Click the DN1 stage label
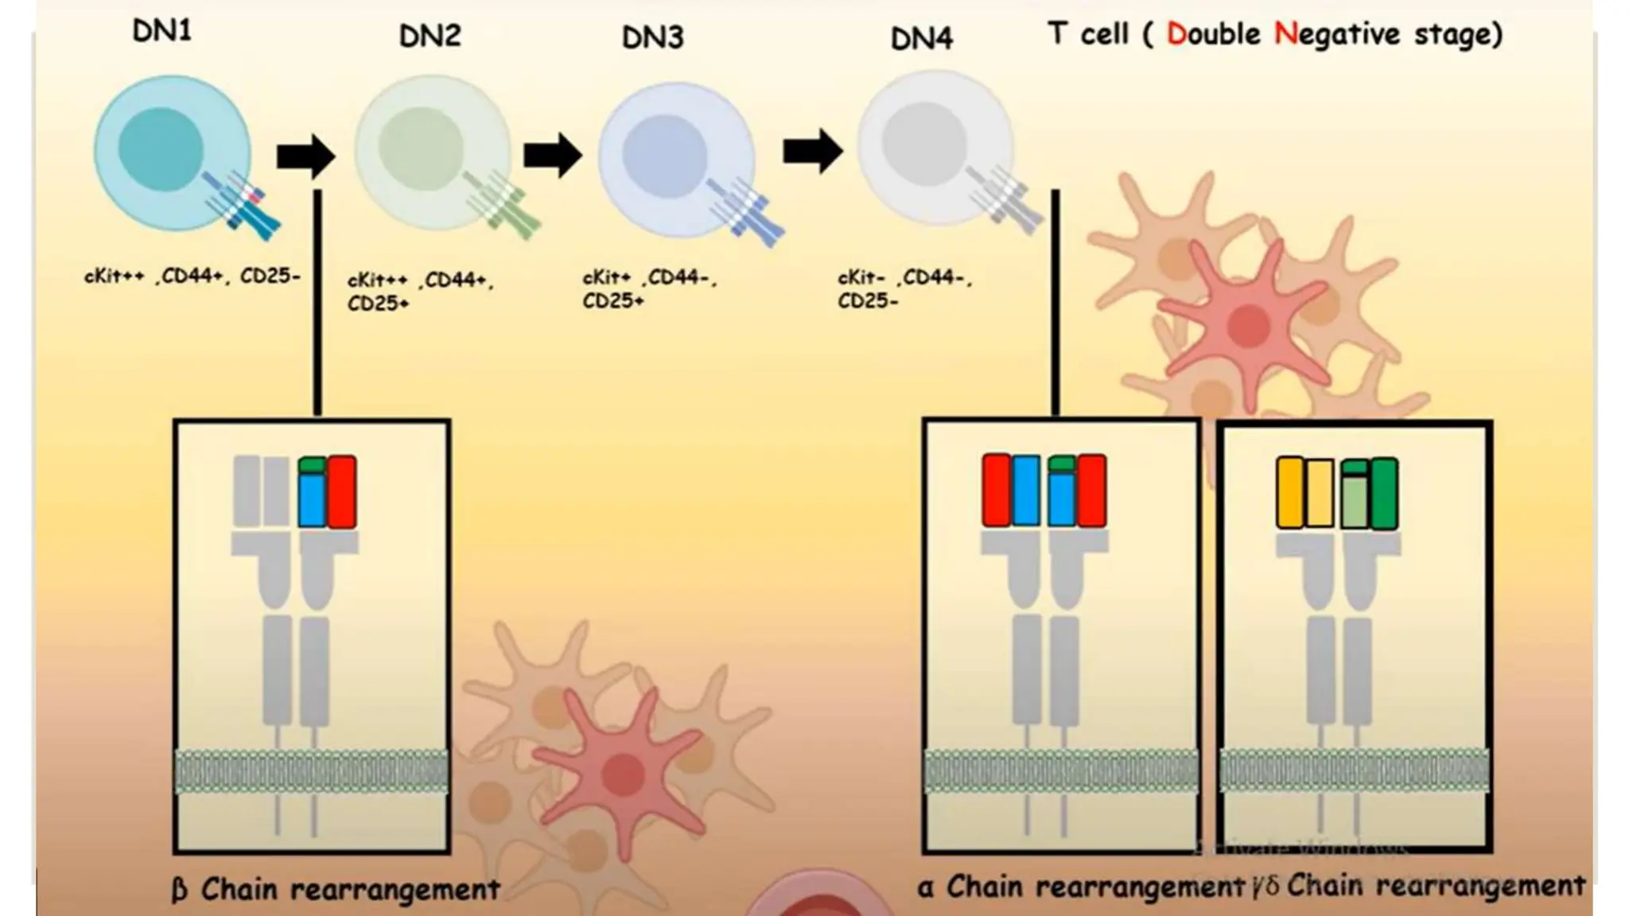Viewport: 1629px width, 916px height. pos(161,32)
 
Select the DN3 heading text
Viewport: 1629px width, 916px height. pos(652,37)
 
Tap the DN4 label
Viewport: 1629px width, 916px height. pos(921,38)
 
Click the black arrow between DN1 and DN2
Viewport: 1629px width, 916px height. pos(305,156)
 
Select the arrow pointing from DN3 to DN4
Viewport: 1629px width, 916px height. pos(812,150)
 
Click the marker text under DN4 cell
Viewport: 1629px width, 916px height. pos(904,289)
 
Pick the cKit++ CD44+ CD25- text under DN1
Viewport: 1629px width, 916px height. pos(192,276)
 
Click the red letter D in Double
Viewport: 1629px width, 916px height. pos(1176,34)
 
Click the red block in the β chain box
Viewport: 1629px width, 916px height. pos(342,491)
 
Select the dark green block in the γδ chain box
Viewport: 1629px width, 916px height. pos(1384,494)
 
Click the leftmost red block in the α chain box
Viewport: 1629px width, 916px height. pos(996,491)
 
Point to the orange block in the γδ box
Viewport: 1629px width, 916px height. pos(1289,493)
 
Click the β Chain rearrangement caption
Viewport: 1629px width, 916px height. pos(336,889)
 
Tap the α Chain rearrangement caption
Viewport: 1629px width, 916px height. pos(1080,886)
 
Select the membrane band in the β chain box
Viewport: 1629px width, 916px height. pos(311,770)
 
